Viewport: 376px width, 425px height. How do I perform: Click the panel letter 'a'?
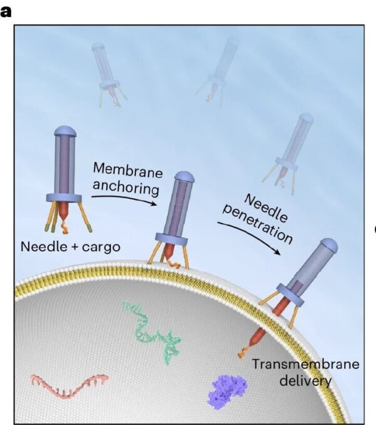pyautogui.click(x=6, y=12)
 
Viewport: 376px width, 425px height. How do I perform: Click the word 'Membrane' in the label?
pyautogui.click(x=128, y=171)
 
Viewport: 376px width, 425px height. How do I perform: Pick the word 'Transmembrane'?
pyautogui.click(x=306, y=364)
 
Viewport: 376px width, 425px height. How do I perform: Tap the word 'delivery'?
pyautogui.click(x=305, y=381)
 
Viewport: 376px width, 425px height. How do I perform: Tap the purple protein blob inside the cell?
pyautogui.click(x=227, y=391)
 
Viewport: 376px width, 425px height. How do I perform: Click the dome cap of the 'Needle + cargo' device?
pyautogui.click(x=65, y=131)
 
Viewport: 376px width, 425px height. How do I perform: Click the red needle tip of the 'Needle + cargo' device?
pyautogui.click(x=64, y=211)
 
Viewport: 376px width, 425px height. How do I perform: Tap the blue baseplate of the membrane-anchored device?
pyautogui.click(x=172, y=239)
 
